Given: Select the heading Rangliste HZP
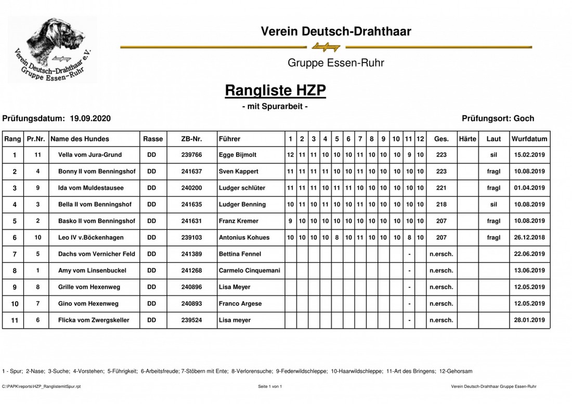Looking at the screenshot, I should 275,90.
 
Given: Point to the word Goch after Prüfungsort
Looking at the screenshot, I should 524,119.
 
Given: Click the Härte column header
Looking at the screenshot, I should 467,139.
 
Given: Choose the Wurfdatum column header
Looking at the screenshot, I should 529,139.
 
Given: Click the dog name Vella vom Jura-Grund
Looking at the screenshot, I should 90,155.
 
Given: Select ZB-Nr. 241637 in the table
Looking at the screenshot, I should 191,172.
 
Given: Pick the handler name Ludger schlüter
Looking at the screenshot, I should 242,188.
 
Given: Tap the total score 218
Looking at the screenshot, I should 441,204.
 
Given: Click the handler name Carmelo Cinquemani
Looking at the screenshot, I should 249,271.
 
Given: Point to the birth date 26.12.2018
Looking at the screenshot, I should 529,238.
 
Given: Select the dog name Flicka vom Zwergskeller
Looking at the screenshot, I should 94,320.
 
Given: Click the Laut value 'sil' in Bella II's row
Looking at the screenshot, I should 493,204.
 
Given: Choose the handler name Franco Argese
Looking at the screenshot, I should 240,304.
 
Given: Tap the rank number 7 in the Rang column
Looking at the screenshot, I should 15,254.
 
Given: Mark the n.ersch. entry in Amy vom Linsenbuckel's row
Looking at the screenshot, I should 441,271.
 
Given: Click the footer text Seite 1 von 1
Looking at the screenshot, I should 270,386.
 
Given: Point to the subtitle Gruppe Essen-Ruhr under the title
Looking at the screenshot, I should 335,63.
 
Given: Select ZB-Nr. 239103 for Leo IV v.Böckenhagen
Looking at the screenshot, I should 191,238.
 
